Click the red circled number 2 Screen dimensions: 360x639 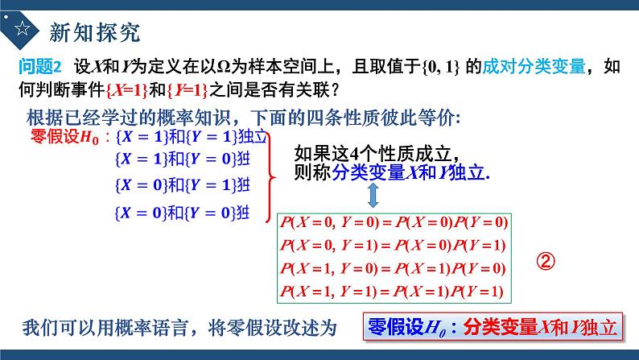pyautogui.click(x=546, y=262)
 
